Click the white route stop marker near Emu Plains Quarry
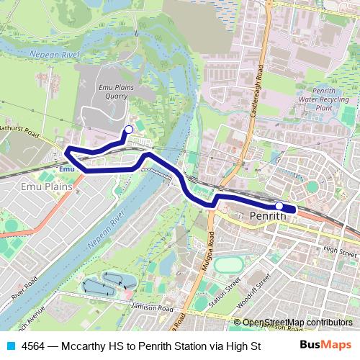pos(128,130)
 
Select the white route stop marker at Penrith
pos(279,206)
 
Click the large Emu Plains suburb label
pos(30,186)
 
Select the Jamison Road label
pos(153,308)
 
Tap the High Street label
pos(340,251)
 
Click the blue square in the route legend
pos(9,346)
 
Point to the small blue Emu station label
pos(67,168)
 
